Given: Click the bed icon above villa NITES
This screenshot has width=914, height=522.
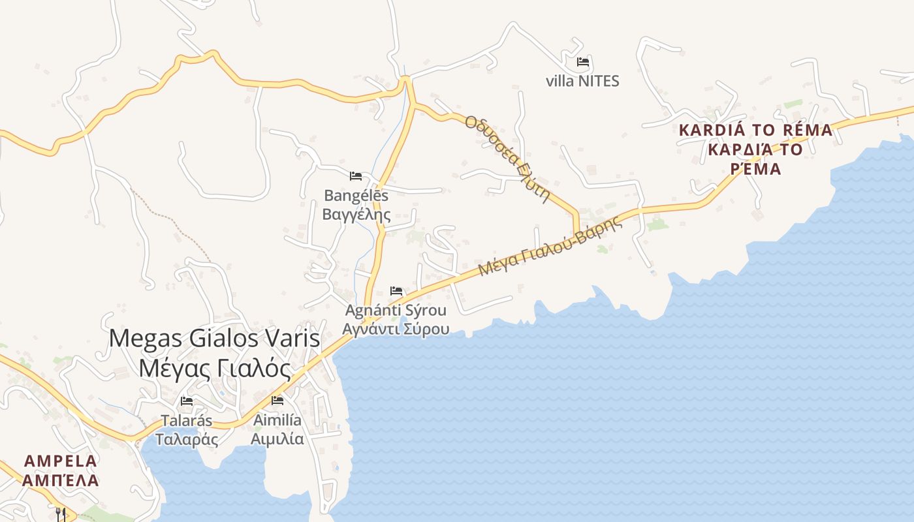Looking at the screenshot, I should [583, 63].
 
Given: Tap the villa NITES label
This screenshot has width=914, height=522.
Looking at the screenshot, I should [582, 82].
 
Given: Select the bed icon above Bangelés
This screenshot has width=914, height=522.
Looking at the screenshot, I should [356, 176].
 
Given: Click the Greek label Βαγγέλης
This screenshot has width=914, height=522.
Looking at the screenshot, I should [356, 214].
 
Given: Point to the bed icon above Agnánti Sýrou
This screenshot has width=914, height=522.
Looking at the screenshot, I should [396, 291].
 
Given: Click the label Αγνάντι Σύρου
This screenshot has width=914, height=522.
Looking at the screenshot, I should [396, 328].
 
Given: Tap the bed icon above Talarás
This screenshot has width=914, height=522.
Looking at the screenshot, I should [187, 401].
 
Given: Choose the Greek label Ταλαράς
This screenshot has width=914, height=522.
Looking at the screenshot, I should [187, 439].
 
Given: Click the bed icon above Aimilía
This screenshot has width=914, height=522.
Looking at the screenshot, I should [277, 401].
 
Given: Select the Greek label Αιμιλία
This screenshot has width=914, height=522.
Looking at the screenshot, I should [277, 438].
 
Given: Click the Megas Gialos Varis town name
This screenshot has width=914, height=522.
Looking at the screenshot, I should [215, 339].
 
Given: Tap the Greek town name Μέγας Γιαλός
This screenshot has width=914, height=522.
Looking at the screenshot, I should [215, 369].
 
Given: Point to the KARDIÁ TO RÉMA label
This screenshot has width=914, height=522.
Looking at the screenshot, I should [755, 130].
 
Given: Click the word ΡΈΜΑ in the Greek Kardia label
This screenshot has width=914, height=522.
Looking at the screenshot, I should [755, 169].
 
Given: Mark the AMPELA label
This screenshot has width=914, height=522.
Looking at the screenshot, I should [61, 461].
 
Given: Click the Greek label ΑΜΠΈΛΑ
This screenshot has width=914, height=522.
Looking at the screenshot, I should [61, 481].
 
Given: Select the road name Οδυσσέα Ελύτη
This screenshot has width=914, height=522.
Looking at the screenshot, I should [507, 159].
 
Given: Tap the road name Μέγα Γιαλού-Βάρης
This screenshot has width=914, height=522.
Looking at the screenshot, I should [550, 246].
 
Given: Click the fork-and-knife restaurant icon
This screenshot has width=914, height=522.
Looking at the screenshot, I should [61, 514].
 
